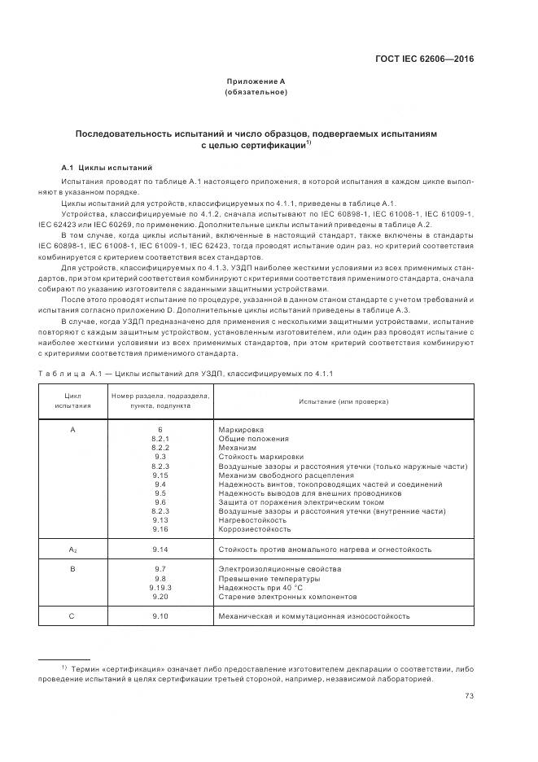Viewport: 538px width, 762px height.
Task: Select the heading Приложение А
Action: pos(256,81)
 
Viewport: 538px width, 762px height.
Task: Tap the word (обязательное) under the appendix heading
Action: pos(256,93)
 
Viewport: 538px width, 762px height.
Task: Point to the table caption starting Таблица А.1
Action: pos(186,373)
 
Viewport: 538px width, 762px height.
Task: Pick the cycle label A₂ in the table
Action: pos(72,550)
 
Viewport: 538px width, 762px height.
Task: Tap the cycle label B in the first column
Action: pos(72,568)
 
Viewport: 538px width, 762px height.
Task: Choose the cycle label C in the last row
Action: pos(72,616)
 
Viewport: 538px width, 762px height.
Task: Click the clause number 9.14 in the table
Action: pos(160,550)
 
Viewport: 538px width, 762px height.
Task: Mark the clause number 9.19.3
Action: pos(160,587)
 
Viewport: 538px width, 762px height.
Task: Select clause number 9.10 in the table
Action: pos(160,616)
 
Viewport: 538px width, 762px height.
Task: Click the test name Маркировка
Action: pos(242,429)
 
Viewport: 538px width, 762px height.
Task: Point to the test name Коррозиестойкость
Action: pos(255,529)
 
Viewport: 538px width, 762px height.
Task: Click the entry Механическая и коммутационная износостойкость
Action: pos(314,616)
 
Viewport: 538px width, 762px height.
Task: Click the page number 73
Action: pos(470,695)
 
